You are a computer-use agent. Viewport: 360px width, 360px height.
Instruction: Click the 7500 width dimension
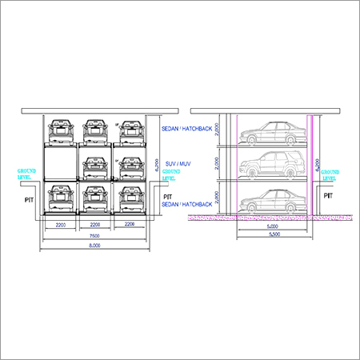point(94,237)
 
